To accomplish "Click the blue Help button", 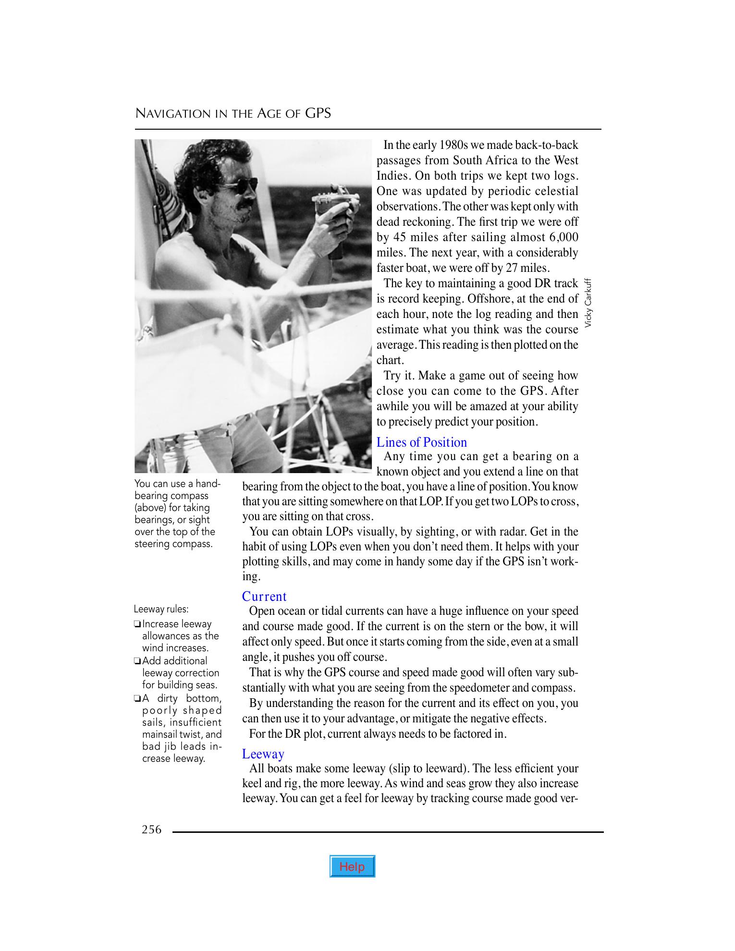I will click(x=352, y=866).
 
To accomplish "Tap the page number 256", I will click(x=152, y=829).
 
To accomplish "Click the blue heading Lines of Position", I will click(x=421, y=442).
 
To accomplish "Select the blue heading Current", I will click(x=264, y=597).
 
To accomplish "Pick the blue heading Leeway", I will click(x=263, y=754).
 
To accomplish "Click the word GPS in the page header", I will click(x=318, y=113).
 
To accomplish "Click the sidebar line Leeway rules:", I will click(x=161, y=610).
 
